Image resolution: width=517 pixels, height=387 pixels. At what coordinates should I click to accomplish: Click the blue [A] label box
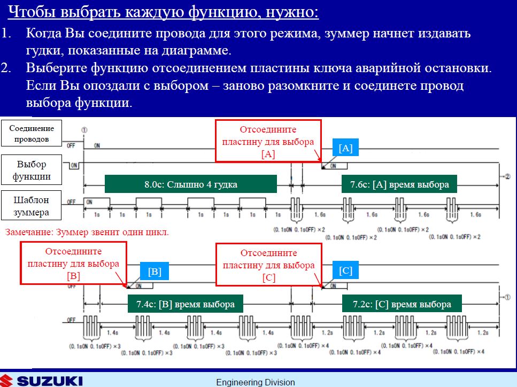346,148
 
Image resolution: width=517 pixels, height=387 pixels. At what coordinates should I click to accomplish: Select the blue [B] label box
155,272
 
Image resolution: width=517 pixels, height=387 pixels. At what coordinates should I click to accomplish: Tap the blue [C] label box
346,271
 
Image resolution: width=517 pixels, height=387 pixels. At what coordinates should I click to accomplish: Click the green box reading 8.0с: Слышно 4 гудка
191,184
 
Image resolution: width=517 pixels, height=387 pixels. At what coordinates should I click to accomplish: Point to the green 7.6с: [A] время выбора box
399,184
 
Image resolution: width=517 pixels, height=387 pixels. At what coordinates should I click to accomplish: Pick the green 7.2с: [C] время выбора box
402,304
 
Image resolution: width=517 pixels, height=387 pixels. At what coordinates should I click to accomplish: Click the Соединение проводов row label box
32,134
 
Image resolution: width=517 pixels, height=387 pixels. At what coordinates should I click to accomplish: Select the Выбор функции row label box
32,169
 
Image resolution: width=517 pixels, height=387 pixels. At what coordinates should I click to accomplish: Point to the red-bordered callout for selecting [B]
73,263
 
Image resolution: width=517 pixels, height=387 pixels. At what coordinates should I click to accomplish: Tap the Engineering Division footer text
255,382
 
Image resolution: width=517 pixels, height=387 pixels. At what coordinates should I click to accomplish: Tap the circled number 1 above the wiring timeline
84,130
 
